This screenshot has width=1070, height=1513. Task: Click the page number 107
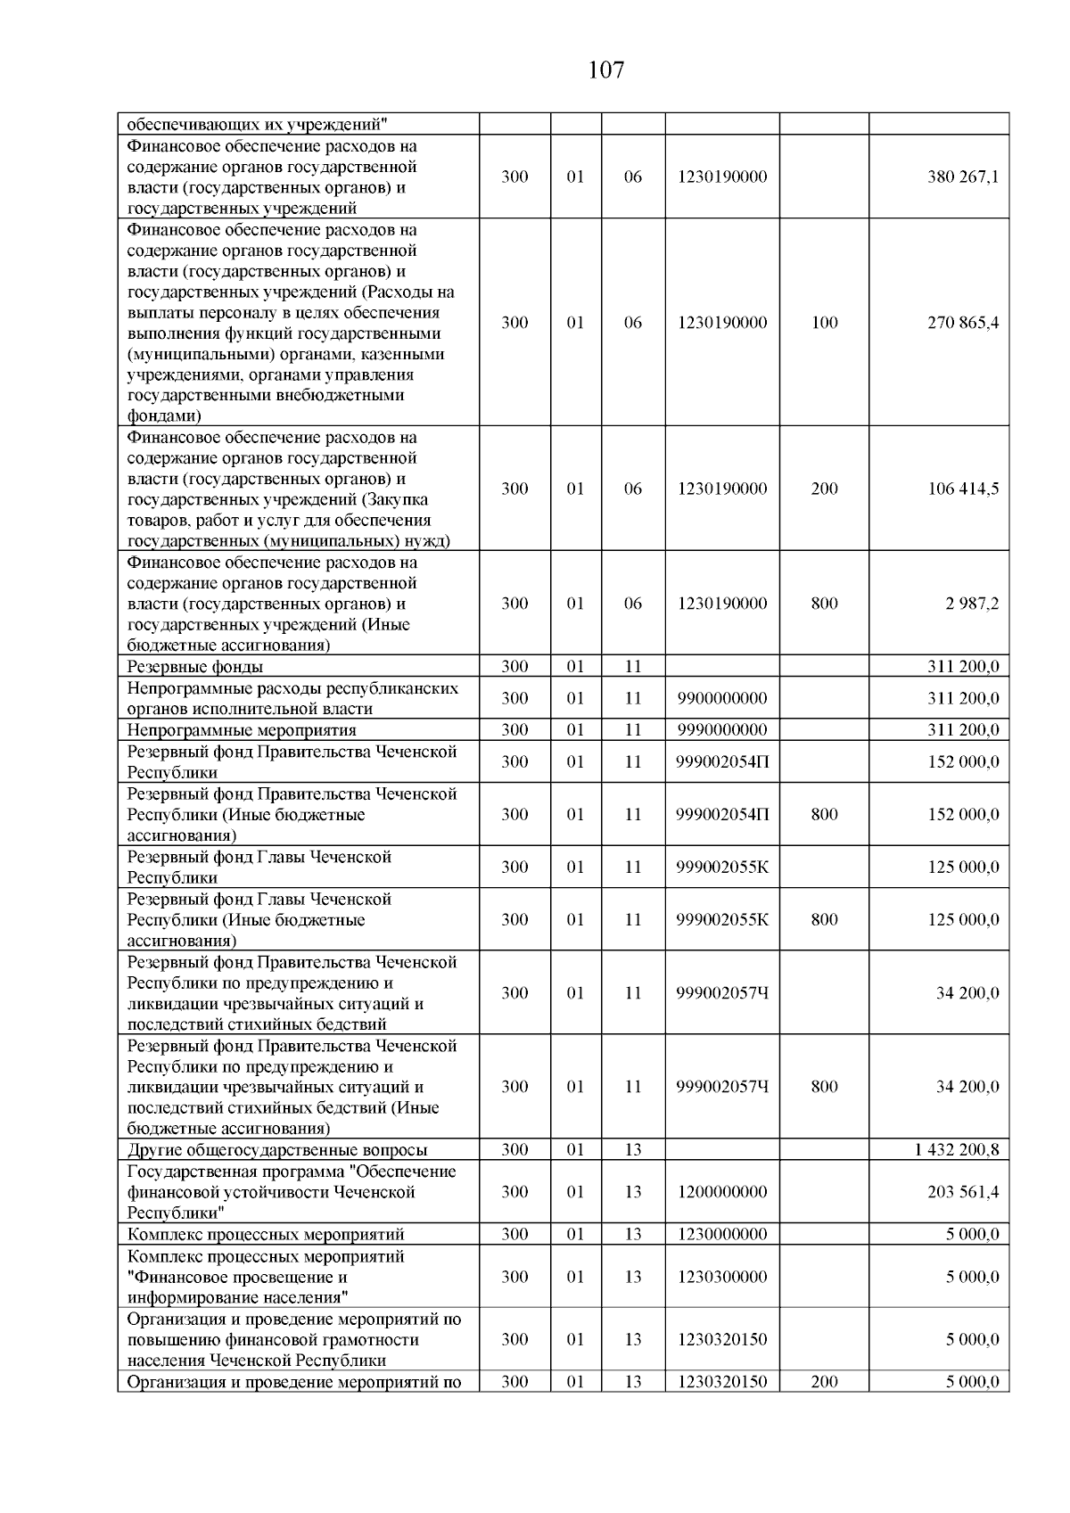pos(606,70)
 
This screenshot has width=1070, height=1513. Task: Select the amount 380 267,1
pos(963,177)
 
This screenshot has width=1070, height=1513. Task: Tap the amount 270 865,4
pos(963,323)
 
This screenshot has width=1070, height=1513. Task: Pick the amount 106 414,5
pos(963,489)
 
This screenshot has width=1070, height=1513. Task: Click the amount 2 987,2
pos(972,604)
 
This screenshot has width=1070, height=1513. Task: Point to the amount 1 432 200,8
pos(956,1150)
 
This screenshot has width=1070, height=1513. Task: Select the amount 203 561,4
pos(963,1192)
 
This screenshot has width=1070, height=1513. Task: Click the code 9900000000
pos(721,698)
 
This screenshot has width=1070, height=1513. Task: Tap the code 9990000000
pos(721,730)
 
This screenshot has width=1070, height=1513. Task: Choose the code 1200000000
pos(721,1192)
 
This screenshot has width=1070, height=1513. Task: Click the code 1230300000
pos(721,1277)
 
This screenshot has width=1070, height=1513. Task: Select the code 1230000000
pos(721,1235)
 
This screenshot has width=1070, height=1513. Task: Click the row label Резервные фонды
pos(195,667)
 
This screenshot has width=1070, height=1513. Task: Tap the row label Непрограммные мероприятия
pos(242,730)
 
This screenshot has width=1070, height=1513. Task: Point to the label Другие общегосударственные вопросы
pos(277,1150)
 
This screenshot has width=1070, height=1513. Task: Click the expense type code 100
pos(824,323)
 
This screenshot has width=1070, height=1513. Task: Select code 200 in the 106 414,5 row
pos(824,489)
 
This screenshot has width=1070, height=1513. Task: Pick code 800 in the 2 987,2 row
pos(824,604)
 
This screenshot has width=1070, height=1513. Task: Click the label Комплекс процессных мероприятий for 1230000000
pos(266,1235)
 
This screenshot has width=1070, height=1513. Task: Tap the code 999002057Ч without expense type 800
pos(721,993)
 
